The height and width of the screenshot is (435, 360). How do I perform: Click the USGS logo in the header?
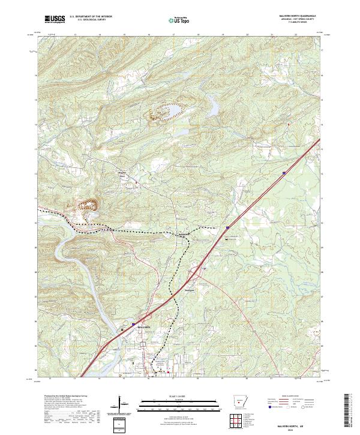[x=55, y=20]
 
